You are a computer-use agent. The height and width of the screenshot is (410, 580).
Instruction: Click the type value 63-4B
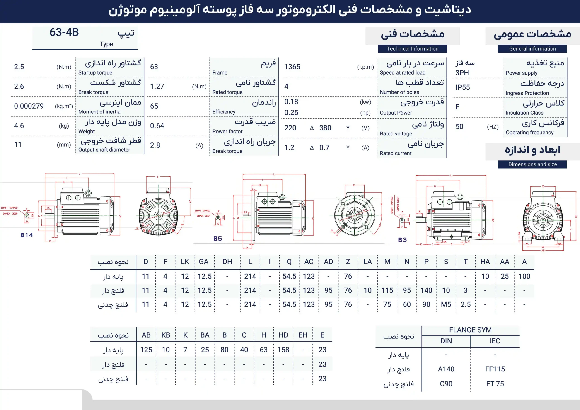point(64,32)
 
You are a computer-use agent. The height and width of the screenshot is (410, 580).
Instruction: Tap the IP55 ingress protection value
point(463,87)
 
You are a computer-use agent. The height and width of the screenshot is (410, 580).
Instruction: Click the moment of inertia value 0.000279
point(29,106)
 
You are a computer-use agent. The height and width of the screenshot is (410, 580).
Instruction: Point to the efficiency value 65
point(154,106)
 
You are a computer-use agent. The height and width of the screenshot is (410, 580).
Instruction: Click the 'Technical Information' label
point(413,49)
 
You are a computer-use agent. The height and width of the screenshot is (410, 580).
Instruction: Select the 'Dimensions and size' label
point(532,164)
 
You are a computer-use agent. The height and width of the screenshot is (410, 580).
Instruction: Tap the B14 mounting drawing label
point(27,235)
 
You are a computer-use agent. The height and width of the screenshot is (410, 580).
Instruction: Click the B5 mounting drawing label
point(217,239)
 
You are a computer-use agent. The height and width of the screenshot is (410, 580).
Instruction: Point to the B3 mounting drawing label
point(402,240)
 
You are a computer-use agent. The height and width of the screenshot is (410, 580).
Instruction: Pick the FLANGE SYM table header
point(470,330)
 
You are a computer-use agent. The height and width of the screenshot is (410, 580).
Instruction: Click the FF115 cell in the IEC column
point(495,369)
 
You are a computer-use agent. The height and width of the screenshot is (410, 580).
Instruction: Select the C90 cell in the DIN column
point(446,384)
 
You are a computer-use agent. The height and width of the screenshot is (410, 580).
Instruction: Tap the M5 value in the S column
point(446,305)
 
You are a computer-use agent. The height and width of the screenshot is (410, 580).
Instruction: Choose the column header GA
point(204,262)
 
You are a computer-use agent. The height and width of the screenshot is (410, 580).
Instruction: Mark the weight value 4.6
point(19,126)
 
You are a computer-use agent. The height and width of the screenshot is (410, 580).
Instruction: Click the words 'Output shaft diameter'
point(104,150)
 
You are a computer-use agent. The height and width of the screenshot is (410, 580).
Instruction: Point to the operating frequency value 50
point(459,127)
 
